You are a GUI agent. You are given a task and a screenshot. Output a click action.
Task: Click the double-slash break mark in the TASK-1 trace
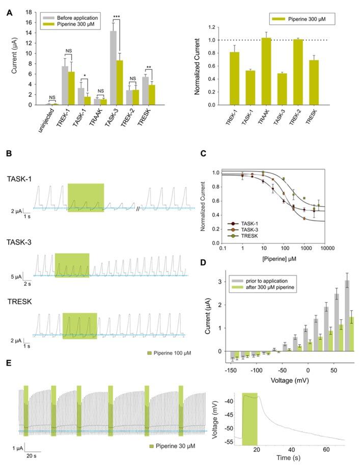pos(138,208)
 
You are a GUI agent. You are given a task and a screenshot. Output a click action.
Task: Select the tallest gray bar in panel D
pos(347,315)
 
